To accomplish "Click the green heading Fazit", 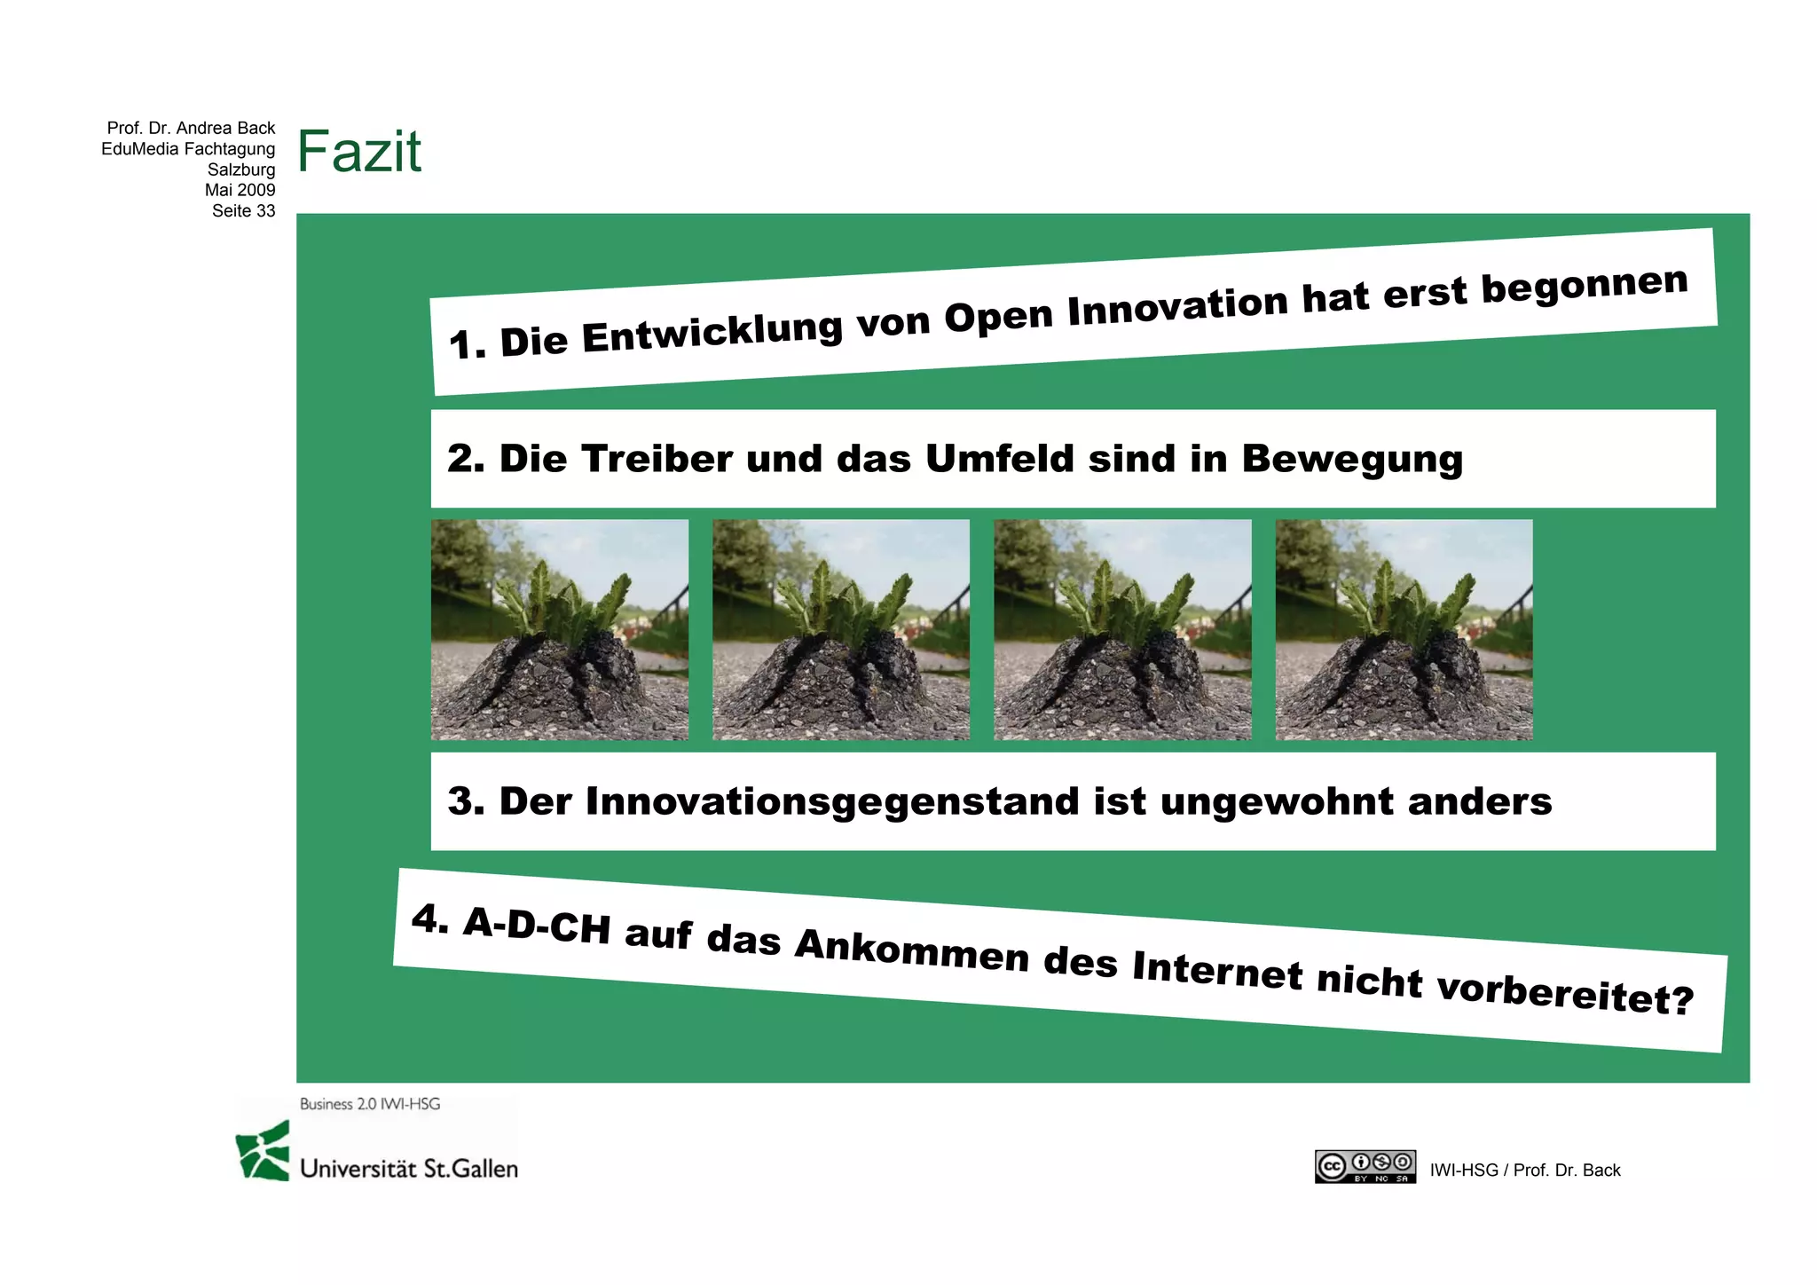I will pos(359,152).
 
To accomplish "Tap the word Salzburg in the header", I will pos(241,169).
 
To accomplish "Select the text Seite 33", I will pos(243,211).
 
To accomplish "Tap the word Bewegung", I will pos(1352,460).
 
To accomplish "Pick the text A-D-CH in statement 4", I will pos(538,926).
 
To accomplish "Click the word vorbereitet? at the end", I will pos(1565,993).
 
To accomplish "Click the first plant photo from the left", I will pos(560,630).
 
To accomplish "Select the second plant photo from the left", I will pos(841,630).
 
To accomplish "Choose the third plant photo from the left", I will pos(1122,630).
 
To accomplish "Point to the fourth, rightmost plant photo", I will pos(1404,630).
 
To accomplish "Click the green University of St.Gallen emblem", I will pos(264,1151).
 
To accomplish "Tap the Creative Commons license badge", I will pos(1365,1167).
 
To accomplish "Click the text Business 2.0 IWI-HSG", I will pos(370,1104).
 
